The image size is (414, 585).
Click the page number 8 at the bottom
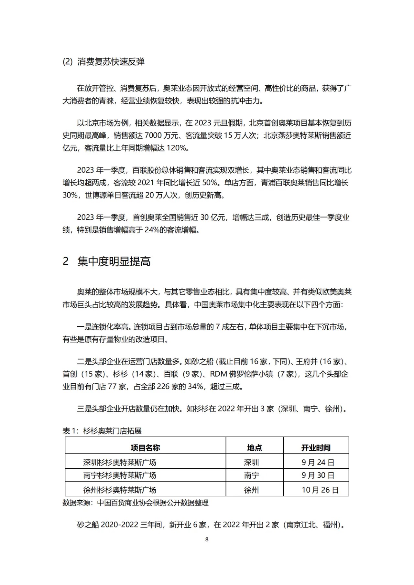click(x=207, y=539)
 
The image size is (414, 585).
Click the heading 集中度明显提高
click(x=114, y=261)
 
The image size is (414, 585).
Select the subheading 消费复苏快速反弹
click(x=111, y=62)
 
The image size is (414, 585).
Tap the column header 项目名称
click(x=145, y=448)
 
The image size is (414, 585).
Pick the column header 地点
click(x=255, y=448)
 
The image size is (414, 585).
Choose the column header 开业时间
click(x=316, y=448)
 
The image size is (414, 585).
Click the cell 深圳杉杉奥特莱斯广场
click(x=119, y=463)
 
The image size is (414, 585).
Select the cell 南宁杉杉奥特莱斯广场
click(x=119, y=475)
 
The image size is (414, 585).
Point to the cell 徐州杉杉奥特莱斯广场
click(x=119, y=490)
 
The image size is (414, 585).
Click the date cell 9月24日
click(x=318, y=463)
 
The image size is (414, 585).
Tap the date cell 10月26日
click(x=320, y=490)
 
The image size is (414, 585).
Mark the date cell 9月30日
click(x=318, y=475)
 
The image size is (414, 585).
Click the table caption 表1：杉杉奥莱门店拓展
click(x=102, y=431)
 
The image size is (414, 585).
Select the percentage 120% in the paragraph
click(x=176, y=148)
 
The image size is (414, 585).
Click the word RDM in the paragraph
click(x=219, y=374)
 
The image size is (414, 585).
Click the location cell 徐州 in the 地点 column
click(x=252, y=490)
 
